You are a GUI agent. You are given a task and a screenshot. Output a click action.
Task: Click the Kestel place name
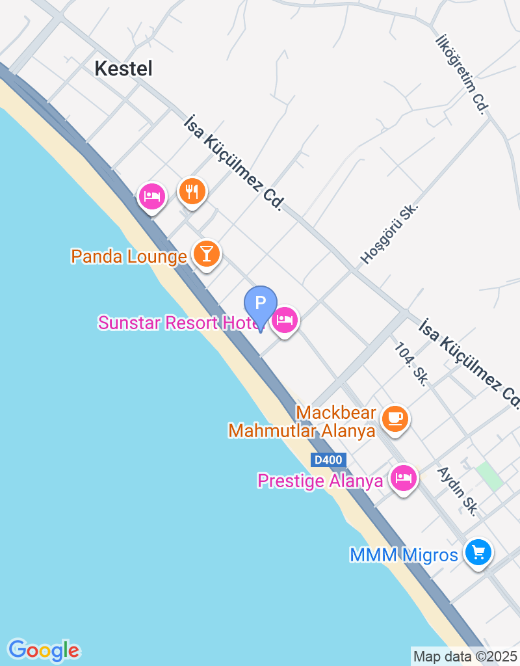click(123, 68)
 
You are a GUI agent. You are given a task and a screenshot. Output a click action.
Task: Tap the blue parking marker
click(261, 303)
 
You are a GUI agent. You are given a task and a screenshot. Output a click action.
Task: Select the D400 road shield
click(328, 460)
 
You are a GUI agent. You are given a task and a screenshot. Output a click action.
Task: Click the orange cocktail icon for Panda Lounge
click(207, 254)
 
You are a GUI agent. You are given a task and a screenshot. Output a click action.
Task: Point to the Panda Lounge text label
click(129, 256)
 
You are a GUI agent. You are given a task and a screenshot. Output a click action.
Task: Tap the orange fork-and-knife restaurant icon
click(192, 192)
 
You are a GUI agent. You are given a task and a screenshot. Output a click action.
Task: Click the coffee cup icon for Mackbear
click(395, 418)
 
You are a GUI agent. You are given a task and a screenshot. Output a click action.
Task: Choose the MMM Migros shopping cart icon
click(478, 553)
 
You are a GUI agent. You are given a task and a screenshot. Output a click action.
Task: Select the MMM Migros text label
click(404, 555)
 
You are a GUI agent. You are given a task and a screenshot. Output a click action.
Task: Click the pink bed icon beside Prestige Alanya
click(404, 479)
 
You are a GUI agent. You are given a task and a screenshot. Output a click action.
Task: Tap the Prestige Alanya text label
click(320, 481)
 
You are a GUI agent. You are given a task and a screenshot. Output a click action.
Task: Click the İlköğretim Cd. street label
click(461, 73)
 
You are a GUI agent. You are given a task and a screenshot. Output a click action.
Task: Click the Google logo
click(44, 650)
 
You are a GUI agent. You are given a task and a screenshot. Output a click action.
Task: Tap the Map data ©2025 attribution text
click(465, 656)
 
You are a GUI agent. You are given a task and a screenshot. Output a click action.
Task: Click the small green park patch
click(488, 476)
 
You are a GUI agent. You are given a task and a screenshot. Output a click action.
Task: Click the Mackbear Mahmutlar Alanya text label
click(302, 421)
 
